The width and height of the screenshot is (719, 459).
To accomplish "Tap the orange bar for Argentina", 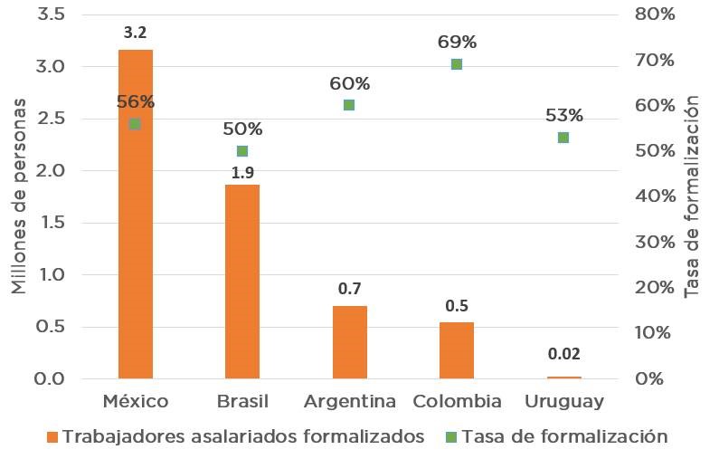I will pyautogui.click(x=350, y=342).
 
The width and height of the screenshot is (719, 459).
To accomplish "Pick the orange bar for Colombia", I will pyautogui.click(x=456, y=349).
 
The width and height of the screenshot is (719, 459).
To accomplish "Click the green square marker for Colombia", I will pyautogui.click(x=457, y=64).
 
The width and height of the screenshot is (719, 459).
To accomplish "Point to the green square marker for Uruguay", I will pyautogui.click(x=563, y=138).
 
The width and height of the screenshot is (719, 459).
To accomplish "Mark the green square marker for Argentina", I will pyautogui.click(x=350, y=105).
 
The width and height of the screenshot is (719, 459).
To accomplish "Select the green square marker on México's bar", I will pyautogui.click(x=135, y=124).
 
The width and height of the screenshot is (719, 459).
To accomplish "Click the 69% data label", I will pyautogui.click(x=457, y=43).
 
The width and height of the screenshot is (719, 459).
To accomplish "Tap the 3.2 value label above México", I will pyautogui.click(x=136, y=33).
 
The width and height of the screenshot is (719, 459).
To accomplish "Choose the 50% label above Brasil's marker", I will pyautogui.click(x=242, y=129).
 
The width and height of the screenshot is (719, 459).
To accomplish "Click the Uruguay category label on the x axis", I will pyautogui.click(x=563, y=401).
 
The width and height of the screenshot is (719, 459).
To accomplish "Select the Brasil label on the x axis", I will pyautogui.click(x=242, y=401).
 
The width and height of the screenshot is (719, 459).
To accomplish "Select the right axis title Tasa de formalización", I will pyautogui.click(x=693, y=196).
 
